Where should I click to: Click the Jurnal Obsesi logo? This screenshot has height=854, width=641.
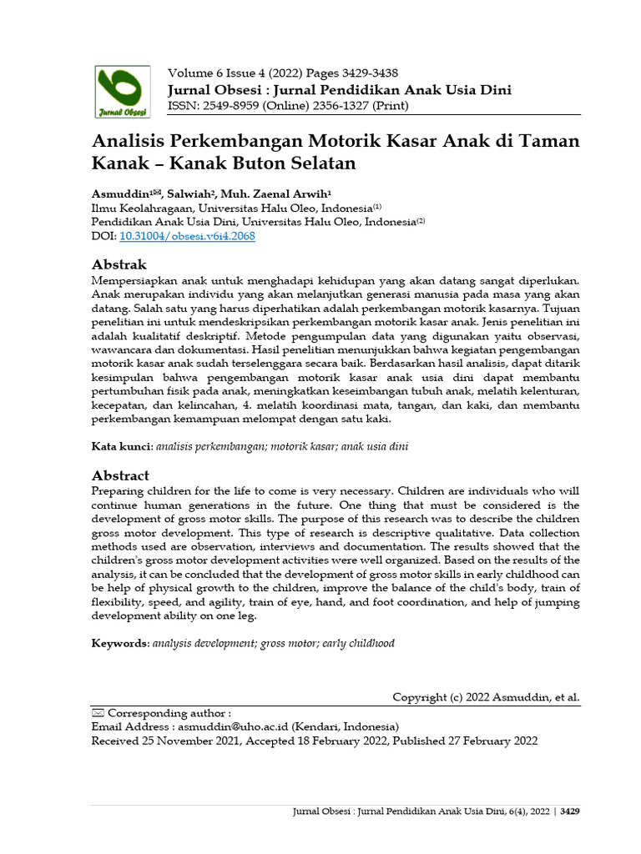click(122, 91)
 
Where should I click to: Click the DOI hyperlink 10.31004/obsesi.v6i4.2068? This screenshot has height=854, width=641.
click(188, 236)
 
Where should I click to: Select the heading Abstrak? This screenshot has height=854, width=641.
click(119, 264)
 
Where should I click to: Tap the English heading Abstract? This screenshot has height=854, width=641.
click(120, 475)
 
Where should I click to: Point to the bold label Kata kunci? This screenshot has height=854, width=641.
click(121, 447)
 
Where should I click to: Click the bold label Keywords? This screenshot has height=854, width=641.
click(120, 644)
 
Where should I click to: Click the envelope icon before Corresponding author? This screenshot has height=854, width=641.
click(98, 713)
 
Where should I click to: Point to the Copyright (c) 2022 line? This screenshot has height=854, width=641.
click(486, 697)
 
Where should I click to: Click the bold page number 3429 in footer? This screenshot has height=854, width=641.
click(570, 811)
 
